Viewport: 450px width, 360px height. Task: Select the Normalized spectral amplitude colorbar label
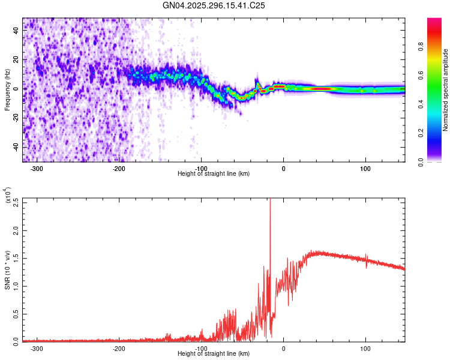coord(446,90)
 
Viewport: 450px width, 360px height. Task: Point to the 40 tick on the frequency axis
coord(16,31)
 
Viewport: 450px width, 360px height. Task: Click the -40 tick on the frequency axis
coord(15,147)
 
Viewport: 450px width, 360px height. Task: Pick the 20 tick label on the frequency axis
coord(16,59)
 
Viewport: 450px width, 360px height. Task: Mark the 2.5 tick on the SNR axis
coord(16,202)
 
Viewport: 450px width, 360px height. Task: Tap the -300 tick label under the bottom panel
coord(37,349)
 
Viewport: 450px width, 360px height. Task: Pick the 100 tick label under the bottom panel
coord(365,349)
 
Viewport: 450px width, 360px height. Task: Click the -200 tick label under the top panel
coord(119,169)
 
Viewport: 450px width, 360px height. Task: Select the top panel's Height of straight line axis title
coord(214,174)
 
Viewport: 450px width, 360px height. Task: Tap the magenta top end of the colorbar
coord(434,21)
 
